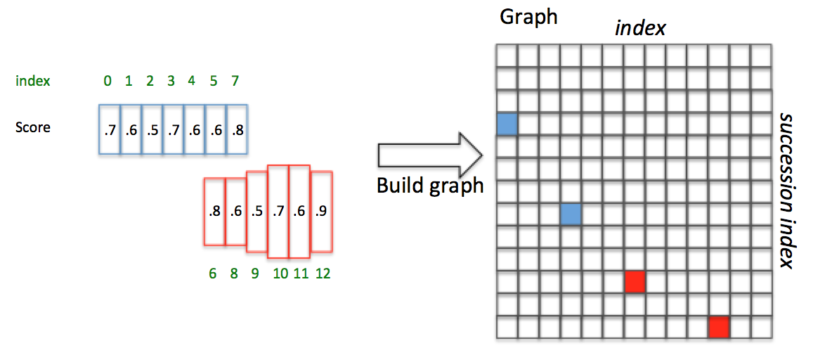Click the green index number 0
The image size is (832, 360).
click(x=108, y=81)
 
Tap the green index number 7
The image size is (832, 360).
click(x=235, y=81)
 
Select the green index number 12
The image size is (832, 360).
click(x=323, y=274)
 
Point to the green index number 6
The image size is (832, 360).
click(x=213, y=274)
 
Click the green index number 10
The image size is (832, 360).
click(x=280, y=274)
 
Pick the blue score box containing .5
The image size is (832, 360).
click(x=151, y=129)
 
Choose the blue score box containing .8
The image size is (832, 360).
click(x=238, y=129)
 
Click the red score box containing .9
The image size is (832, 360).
click(x=320, y=211)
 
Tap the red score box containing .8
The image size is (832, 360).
click(x=214, y=211)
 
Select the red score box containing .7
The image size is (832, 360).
click(x=278, y=211)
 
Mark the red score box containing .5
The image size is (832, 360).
click(x=256, y=211)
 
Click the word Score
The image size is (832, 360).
click(x=32, y=128)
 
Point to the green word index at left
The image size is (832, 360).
click(x=32, y=81)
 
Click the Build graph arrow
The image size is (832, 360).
click(x=429, y=155)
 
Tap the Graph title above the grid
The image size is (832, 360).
click(x=528, y=17)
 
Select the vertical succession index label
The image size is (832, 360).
click(x=786, y=190)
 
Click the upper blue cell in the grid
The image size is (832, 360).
click(x=507, y=124)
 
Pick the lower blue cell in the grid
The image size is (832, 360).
click(x=571, y=214)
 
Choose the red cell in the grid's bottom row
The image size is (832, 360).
click(x=719, y=327)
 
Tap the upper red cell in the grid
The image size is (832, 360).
click(x=635, y=281)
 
